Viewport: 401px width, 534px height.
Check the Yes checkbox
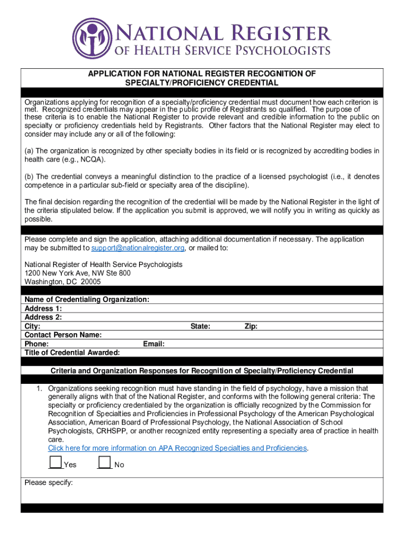(x=55, y=462)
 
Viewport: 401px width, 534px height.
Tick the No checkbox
(x=105, y=462)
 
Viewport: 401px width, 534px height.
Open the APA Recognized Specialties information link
(x=178, y=448)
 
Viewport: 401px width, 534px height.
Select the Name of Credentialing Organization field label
(x=87, y=299)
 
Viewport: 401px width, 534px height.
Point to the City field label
(x=33, y=326)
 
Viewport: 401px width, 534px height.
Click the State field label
(x=200, y=326)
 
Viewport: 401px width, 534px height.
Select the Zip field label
(x=251, y=326)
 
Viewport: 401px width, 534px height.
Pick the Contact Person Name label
(x=63, y=335)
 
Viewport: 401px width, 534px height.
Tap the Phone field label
(x=37, y=344)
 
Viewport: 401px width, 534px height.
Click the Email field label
(x=154, y=344)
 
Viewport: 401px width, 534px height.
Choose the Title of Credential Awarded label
(x=72, y=353)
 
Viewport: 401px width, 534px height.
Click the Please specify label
(x=48, y=482)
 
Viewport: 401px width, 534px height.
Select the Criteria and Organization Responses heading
(x=202, y=371)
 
